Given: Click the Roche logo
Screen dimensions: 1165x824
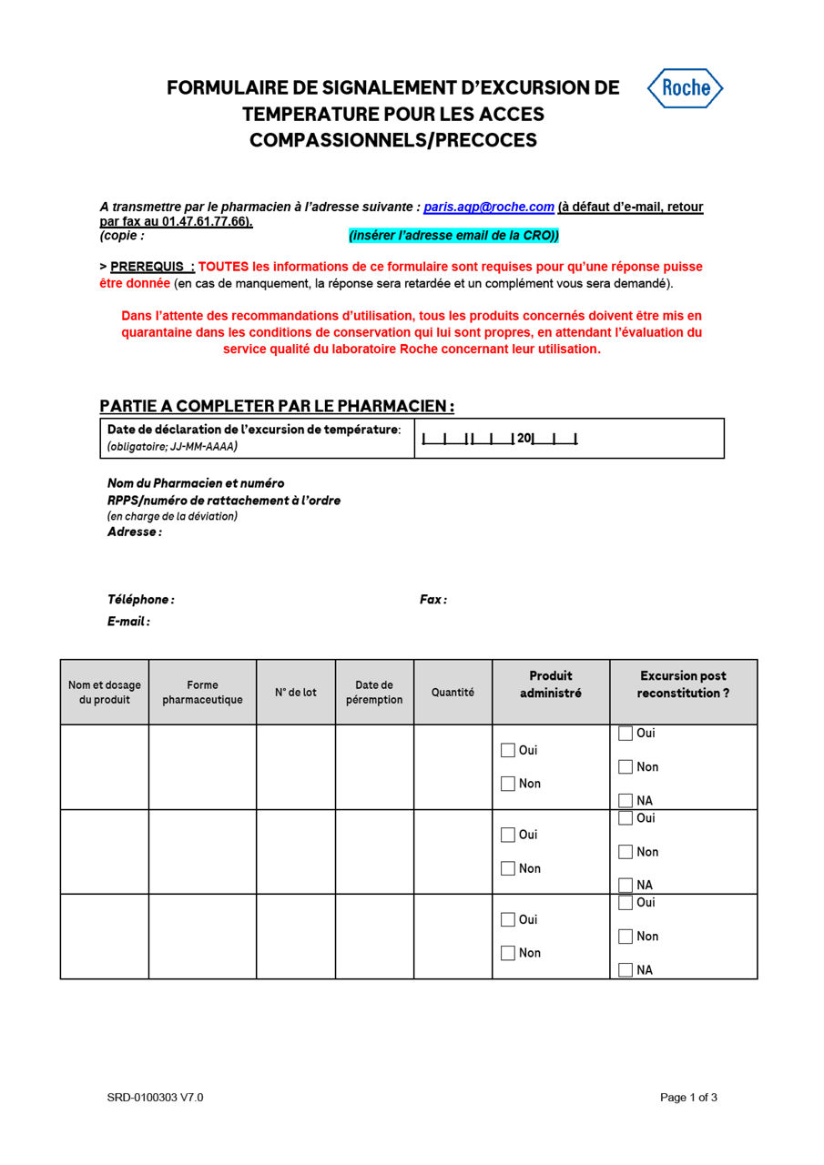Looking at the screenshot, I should point(685,88).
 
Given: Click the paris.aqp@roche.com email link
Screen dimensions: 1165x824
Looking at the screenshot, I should point(489,208).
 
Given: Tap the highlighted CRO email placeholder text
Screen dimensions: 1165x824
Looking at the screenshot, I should point(453,236).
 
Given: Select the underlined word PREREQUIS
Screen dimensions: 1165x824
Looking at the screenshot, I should point(151,267).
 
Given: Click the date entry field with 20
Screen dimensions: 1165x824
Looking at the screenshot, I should point(499,439).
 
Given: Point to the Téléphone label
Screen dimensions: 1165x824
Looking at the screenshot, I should point(140,600).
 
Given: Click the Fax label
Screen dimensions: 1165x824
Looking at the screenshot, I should point(433,600).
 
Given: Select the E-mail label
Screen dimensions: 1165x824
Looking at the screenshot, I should point(128,622).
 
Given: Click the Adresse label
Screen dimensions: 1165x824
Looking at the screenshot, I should point(134,532).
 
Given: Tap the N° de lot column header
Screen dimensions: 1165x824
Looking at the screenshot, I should point(296,693).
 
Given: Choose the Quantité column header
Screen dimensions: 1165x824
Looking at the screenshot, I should point(453,693).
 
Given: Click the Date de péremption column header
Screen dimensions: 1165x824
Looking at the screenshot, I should point(374,693).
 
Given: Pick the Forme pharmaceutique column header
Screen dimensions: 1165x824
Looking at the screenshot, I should point(202,693).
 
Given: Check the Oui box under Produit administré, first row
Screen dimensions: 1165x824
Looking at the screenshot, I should point(508,751).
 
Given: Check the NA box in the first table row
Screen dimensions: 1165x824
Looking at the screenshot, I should point(626,801).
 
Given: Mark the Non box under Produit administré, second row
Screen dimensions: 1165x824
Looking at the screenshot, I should point(508,869).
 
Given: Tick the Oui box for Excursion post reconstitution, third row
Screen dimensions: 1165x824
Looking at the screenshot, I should point(626,903).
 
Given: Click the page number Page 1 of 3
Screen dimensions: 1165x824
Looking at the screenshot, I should point(688,1098).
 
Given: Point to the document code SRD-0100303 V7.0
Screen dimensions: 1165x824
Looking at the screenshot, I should point(155,1098).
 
